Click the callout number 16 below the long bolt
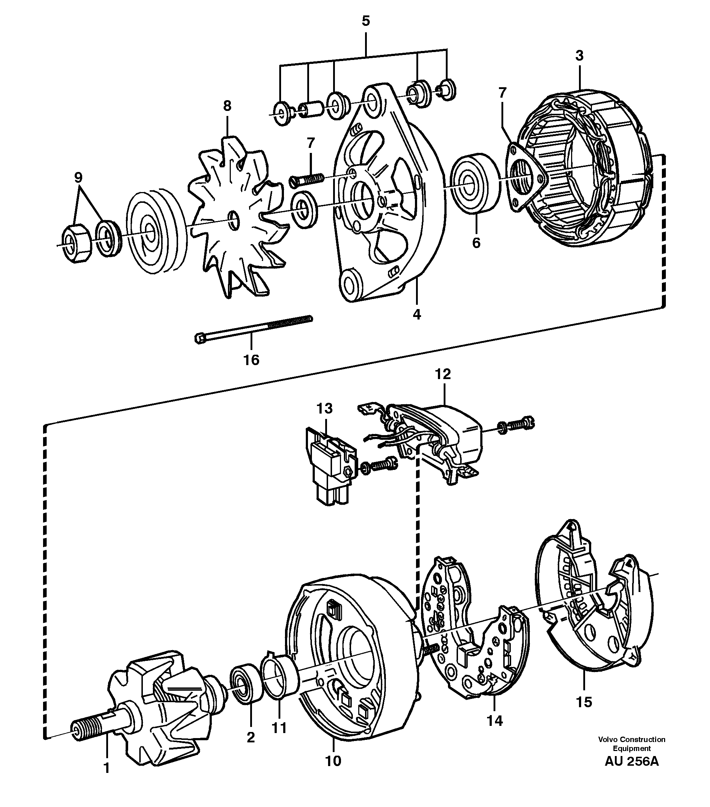(x=251, y=360)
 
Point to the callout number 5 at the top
(x=365, y=21)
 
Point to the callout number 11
(x=279, y=728)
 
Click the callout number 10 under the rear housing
(x=333, y=760)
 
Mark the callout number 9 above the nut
(x=78, y=178)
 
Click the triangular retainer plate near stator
(x=525, y=178)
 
